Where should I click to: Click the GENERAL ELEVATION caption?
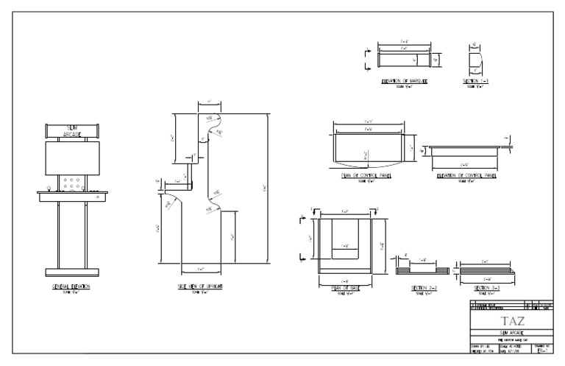(71, 286)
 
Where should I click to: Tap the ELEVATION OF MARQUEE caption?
(405, 80)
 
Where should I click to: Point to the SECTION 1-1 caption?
(476, 80)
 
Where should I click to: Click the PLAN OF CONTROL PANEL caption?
(366, 176)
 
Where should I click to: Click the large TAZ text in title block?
(512, 321)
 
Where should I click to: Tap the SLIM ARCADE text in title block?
(512, 332)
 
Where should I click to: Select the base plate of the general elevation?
(71, 270)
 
